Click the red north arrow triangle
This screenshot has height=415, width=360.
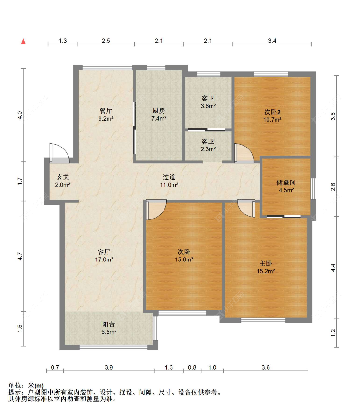(23, 41)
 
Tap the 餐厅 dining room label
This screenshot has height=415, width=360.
(106, 110)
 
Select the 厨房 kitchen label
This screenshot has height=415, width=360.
(159, 110)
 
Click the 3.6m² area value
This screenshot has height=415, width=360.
(208, 106)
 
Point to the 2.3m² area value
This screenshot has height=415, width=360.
(208, 149)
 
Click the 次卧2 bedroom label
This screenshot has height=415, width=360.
(272, 112)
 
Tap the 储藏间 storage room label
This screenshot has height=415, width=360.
(286, 182)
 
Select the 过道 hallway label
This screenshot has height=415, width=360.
(169, 177)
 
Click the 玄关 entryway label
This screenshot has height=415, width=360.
(63, 177)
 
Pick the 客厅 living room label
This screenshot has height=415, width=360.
(104, 252)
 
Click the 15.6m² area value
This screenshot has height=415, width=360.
(184, 259)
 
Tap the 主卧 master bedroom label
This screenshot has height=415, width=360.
(266, 263)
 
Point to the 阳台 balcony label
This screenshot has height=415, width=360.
(108, 324)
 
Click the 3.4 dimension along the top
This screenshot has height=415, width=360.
(272, 41)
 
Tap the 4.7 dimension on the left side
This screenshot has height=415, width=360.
(20, 256)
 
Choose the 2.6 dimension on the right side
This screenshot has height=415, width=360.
(333, 187)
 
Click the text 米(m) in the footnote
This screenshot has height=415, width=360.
(36, 385)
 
